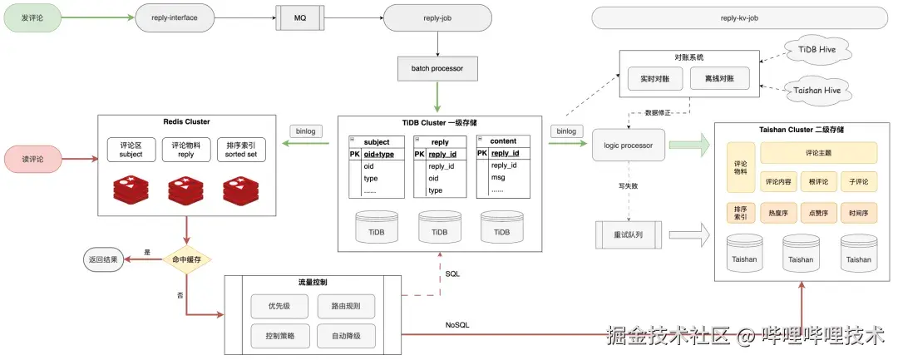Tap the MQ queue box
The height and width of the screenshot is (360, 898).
click(x=299, y=16)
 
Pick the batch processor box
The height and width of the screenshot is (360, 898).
click(x=437, y=67)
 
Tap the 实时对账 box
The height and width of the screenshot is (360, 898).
click(x=655, y=78)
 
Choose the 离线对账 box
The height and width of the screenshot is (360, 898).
click(x=719, y=78)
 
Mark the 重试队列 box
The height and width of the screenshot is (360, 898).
click(x=627, y=235)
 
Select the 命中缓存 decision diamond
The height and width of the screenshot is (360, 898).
click(x=187, y=259)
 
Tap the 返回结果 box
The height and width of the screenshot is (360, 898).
click(x=103, y=259)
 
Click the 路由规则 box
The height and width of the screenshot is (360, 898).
click(x=346, y=306)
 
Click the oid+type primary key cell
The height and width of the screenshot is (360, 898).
click(x=379, y=154)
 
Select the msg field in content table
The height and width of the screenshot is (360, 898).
click(x=497, y=178)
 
